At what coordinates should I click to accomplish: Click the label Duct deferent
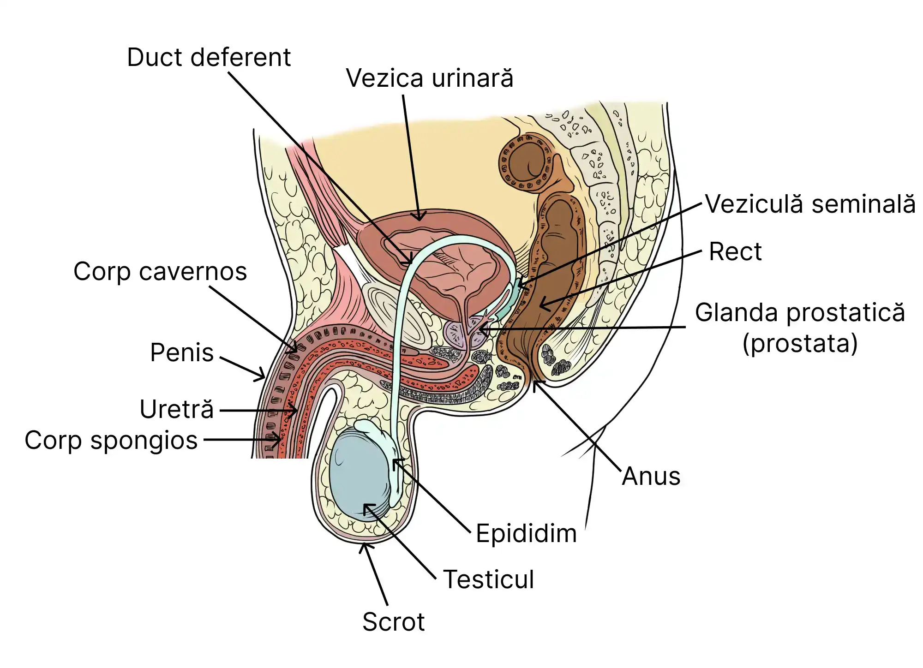[209, 58]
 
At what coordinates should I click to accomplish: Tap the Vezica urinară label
[429, 78]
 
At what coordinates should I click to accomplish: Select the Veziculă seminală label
[810, 204]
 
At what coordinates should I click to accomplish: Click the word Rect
[735, 252]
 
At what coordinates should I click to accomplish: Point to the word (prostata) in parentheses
[800, 344]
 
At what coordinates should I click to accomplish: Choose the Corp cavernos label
[160, 272]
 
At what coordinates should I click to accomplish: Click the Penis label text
[182, 353]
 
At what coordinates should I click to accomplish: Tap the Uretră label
[177, 410]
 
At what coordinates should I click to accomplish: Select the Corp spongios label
[111, 440]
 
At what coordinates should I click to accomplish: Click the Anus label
[651, 477]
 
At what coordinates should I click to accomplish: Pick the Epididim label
[526, 534]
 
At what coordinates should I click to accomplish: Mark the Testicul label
[488, 579]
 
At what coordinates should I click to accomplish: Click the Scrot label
[393, 622]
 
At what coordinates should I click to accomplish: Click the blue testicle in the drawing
[358, 475]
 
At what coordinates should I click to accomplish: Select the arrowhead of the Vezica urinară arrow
[420, 218]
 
